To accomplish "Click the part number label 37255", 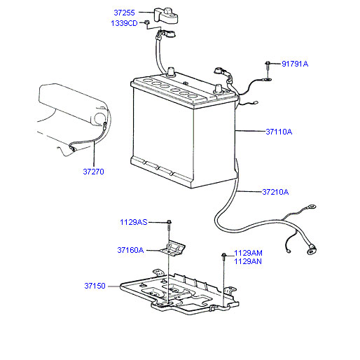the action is [x=124, y=13].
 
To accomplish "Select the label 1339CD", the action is [x=124, y=23].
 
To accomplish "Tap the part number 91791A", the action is [x=295, y=64].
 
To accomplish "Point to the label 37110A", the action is [x=279, y=132].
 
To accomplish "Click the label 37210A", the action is [x=275, y=192].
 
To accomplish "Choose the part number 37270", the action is [x=93, y=172].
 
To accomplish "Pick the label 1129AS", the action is [x=134, y=222].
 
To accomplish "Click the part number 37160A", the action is [x=130, y=250].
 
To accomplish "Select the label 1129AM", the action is [x=248, y=253].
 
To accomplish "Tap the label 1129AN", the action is [x=248, y=261].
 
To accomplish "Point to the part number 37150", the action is [x=95, y=286].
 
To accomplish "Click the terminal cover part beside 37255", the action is [x=166, y=15].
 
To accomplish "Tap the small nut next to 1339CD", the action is [x=146, y=22].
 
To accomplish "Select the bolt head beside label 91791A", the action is [x=268, y=63].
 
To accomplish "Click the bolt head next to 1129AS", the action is [x=169, y=221].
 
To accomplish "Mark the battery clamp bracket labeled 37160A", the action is [x=172, y=249].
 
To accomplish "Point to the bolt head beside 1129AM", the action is [x=223, y=255].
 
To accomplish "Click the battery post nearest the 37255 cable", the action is [x=171, y=71].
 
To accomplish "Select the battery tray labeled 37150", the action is [x=179, y=292].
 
